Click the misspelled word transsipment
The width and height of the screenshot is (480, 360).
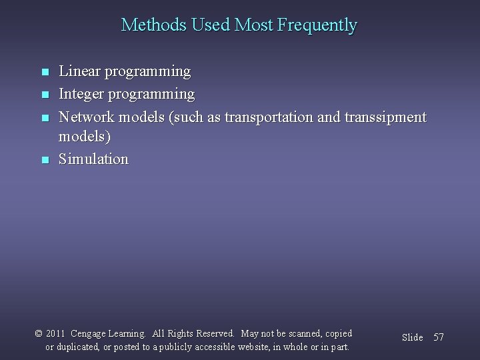(382, 117)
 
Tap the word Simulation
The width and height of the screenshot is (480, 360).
(93, 159)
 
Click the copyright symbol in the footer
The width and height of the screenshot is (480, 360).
(39, 333)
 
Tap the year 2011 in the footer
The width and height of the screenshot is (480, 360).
(57, 333)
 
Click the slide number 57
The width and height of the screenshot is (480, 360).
(438, 337)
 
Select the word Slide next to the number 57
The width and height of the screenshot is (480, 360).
(413, 337)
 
